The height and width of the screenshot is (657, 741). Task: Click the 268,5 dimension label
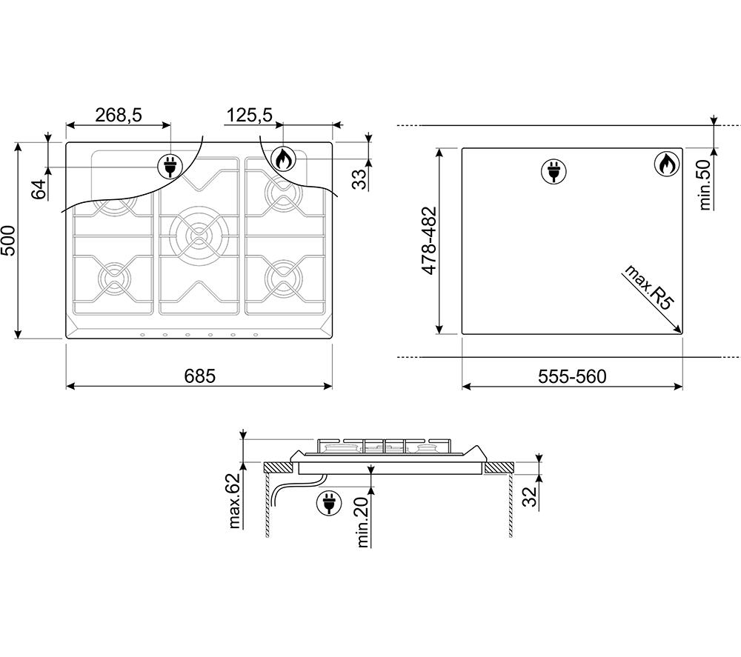pos(119,116)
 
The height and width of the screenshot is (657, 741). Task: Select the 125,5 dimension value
pos(250,116)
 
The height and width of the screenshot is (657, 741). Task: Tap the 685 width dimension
pos(199,376)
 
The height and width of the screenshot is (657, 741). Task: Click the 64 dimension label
pos(40,189)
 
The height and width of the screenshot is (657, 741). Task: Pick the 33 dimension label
pos(360,179)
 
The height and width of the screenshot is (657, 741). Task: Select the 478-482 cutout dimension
pos(429,241)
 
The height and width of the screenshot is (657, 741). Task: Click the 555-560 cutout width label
pos(572,376)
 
